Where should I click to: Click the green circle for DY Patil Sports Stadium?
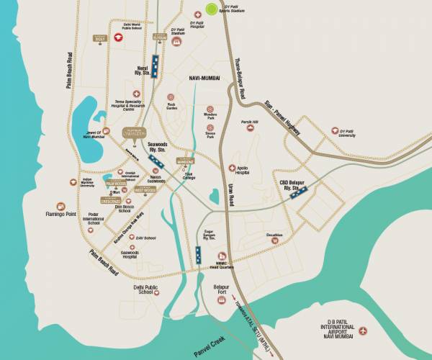pos(211,9)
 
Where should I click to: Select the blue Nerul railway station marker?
pos(155,62)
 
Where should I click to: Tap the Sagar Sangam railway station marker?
pos(197,254)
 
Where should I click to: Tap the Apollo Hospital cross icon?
pos(231,166)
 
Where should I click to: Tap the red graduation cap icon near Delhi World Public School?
pos(117,37)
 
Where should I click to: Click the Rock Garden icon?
pos(171,96)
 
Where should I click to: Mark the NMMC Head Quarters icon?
pos(224,256)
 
